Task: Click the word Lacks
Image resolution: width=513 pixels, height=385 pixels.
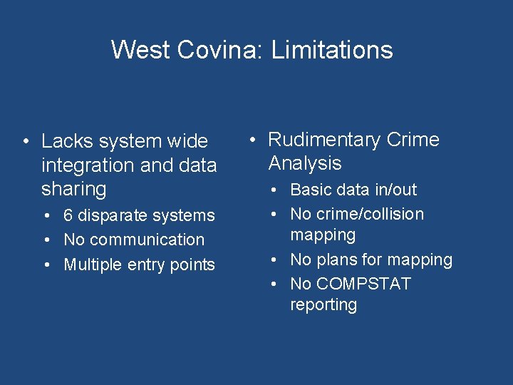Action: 63,141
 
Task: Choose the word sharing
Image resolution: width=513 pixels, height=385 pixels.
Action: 74,189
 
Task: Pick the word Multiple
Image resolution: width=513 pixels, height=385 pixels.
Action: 93,265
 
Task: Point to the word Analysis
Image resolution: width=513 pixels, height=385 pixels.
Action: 305,163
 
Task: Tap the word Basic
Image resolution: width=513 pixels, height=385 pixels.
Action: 310,190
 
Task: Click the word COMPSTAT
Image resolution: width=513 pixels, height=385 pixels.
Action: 363,284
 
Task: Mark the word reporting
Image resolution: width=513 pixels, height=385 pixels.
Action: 323,304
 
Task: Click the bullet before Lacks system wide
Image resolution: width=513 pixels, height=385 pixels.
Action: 25,141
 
